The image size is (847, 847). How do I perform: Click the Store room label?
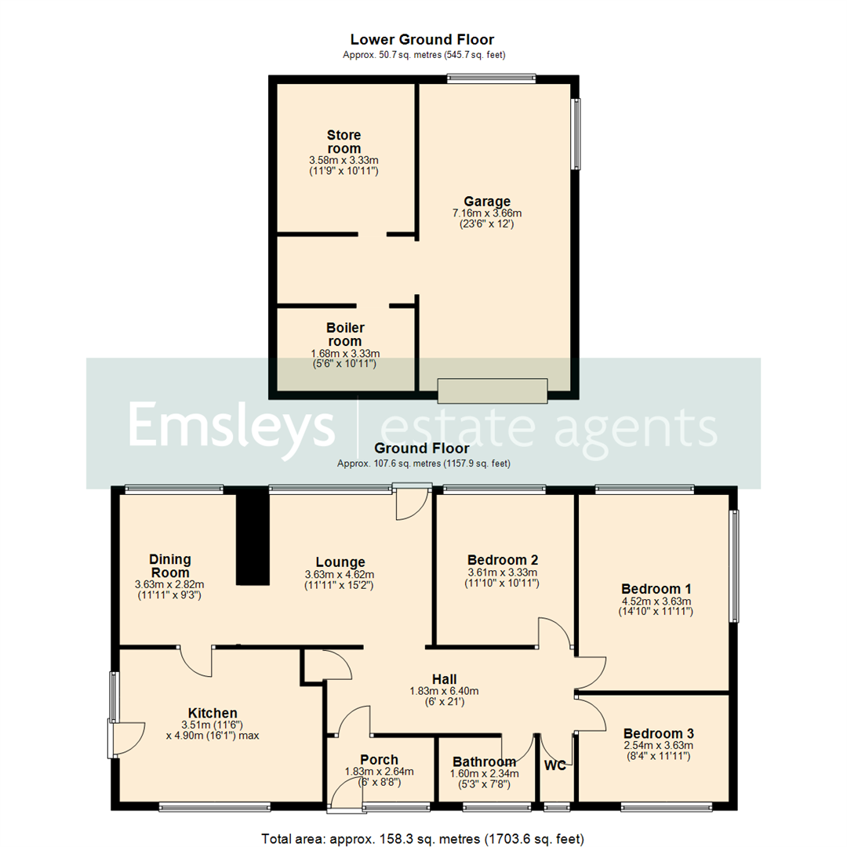point(344,142)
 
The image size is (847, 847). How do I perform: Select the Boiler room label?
point(344,334)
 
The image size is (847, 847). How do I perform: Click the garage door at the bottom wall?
point(492,391)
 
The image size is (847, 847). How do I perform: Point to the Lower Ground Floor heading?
point(422,39)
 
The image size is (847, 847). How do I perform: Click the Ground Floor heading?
point(422,449)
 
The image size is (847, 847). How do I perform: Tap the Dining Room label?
point(170,565)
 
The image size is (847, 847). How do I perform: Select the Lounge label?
point(340,562)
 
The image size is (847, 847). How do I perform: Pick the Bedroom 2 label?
point(502,560)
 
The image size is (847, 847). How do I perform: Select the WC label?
point(556,765)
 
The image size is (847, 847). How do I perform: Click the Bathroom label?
point(485,762)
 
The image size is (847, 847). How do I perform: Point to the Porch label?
point(379,759)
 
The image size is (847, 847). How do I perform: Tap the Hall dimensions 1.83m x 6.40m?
point(444,691)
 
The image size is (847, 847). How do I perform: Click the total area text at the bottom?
point(423,839)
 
